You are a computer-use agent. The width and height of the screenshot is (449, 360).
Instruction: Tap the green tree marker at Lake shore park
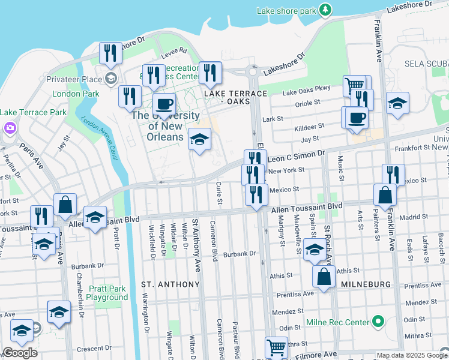pos(325,10)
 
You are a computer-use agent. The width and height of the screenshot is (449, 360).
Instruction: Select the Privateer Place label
pos(75,79)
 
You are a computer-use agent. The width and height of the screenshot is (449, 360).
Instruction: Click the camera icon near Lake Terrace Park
pos(10,127)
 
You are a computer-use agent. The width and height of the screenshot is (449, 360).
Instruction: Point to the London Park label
pos(76,94)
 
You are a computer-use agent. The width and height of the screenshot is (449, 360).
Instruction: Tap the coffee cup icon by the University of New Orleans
pos(164,103)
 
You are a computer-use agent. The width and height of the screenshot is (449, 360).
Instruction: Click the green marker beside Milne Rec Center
pos(378,322)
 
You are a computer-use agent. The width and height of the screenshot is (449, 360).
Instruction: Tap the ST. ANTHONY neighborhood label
pos(170,284)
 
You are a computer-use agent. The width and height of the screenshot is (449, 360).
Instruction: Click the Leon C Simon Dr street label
pos(295,157)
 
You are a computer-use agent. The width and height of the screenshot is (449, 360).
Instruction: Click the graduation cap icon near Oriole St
pos(397,103)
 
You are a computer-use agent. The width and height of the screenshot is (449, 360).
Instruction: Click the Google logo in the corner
pos(20,353)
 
